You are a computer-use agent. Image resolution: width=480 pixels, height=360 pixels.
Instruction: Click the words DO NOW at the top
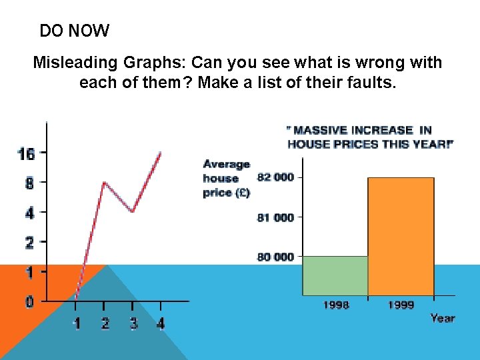(74, 31)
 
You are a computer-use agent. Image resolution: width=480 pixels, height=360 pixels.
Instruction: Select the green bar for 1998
(335, 275)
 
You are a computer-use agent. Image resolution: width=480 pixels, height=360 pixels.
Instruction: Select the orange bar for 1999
(401, 237)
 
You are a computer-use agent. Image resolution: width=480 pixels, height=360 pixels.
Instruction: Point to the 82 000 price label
(275, 177)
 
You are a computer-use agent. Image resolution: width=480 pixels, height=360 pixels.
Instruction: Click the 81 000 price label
(275, 217)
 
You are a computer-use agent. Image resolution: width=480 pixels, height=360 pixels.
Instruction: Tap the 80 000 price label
(275, 257)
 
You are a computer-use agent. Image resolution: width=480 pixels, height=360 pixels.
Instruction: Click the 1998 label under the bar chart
(335, 305)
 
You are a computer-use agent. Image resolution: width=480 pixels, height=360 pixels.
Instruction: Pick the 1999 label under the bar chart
(401, 305)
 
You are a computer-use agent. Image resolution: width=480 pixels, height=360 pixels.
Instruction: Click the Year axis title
(442, 318)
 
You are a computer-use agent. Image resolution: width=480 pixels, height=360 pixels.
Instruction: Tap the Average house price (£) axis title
(227, 179)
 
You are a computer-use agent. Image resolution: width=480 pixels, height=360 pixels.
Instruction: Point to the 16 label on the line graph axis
(25, 154)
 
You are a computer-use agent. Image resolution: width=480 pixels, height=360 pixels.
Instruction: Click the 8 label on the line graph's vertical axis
(29, 183)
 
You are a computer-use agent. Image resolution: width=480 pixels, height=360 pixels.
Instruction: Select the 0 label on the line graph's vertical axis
(29, 302)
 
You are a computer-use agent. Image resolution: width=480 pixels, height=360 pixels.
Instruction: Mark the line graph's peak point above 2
(104, 183)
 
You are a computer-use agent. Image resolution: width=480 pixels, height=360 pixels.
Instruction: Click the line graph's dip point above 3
(133, 211)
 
